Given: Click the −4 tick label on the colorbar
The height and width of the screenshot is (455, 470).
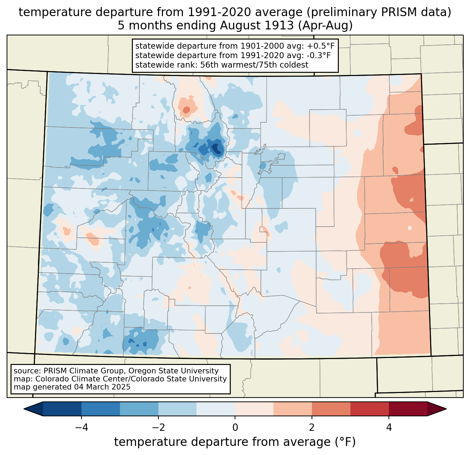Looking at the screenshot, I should pos(81,427).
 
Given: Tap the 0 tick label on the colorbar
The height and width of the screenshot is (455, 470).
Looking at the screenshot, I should pos(235,427).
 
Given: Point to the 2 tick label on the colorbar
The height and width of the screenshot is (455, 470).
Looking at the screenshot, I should pos(312,427).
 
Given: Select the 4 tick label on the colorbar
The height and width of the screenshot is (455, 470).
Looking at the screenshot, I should pos(389,427).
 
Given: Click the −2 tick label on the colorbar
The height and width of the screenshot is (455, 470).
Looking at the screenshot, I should pos(158,427).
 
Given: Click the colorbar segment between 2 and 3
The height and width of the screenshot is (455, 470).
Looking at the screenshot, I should pos(331,409).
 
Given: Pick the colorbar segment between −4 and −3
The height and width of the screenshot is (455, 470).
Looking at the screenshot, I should pos(101,409).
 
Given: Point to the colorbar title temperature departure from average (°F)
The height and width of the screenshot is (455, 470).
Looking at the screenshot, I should pos(235,442).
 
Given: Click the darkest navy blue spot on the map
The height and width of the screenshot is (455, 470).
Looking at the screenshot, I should pos(217,149).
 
